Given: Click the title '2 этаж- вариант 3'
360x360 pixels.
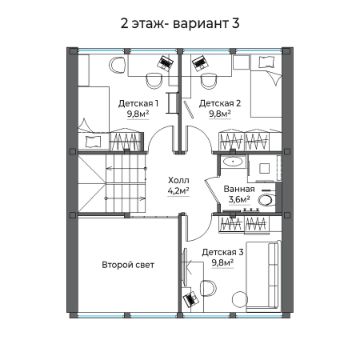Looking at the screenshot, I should pos(180,21).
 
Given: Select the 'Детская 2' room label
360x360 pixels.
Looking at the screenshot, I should pos(217,103).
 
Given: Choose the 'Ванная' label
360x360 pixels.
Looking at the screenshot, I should pos(238,188).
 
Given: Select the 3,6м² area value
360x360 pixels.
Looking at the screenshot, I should pos(238,199).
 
